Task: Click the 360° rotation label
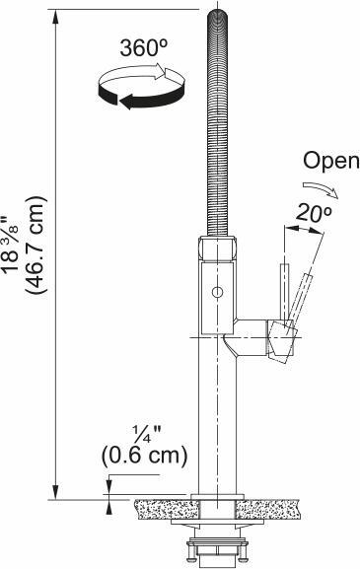144,48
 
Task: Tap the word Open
331,162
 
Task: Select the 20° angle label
314,213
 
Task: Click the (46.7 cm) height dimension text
36,245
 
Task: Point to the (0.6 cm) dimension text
144,456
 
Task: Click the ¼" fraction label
147,434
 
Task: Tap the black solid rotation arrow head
126,101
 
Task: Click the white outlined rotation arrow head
160,71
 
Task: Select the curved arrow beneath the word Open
321,189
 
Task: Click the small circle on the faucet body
217,292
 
